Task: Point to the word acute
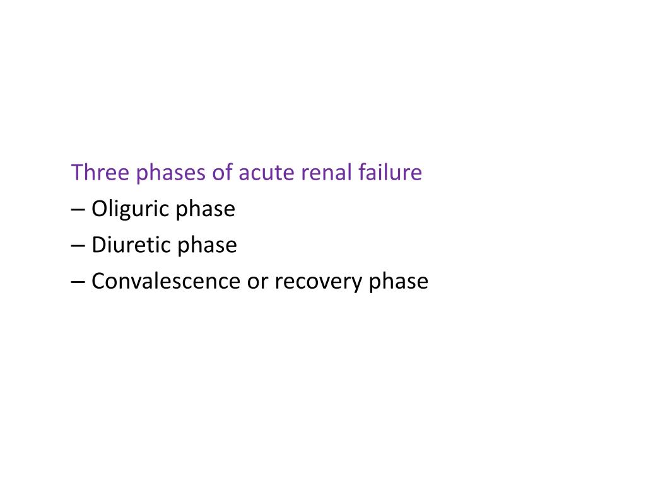pos(262,173)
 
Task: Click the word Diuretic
pos(131,245)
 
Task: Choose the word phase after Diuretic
pos(207,246)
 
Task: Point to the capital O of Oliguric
pos(99,209)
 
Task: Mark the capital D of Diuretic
pos(98,245)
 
